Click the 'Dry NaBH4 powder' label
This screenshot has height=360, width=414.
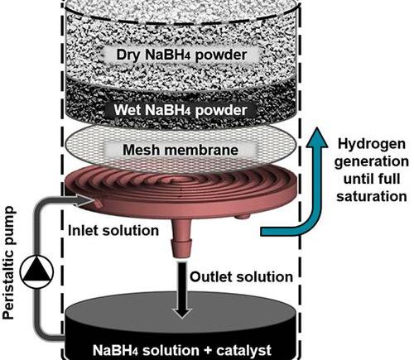pos(181,55)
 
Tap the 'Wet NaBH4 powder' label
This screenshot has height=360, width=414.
pos(181,110)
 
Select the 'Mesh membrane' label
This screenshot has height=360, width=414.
pos(181,150)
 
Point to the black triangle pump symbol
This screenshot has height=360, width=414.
pos(36,271)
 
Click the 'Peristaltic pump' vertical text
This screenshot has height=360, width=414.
pos(8,262)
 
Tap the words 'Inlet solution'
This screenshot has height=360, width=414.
pos(113,230)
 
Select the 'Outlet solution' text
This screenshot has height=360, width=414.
pos(241,276)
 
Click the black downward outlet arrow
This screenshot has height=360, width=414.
pos(182,290)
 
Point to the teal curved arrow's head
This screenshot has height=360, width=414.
pos(317,137)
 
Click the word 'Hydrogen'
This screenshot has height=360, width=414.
pos(372,144)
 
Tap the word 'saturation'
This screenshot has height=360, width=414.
pos(372,196)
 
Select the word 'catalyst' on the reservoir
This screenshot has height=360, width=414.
pos(243,350)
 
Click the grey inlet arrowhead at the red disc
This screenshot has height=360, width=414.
pos(86,200)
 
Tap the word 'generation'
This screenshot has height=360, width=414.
pos(372,161)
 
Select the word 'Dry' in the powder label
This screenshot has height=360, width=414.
pos(128,55)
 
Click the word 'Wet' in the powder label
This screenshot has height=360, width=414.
pos(128,109)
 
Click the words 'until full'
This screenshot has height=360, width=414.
pos(372,179)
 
